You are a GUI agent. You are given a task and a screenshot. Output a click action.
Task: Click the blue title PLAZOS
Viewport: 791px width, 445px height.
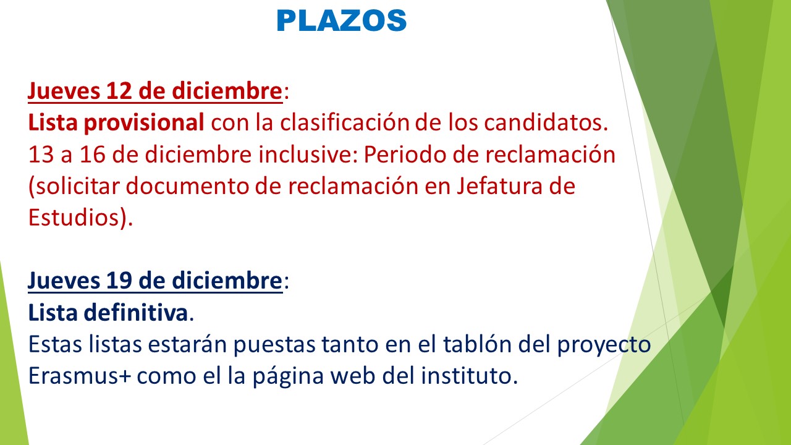click(342, 20)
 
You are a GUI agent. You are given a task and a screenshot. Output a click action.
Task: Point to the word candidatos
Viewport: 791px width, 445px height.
click(546, 122)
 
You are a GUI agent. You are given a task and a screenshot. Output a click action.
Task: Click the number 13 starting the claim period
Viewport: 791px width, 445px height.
click(41, 155)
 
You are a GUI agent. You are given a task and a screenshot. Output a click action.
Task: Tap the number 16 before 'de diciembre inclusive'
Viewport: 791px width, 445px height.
click(93, 155)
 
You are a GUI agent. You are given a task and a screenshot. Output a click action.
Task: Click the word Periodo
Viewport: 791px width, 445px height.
click(405, 155)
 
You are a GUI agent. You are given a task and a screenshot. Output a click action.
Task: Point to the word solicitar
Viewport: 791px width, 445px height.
click(78, 186)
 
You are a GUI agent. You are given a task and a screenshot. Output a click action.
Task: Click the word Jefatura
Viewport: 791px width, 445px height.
click(499, 186)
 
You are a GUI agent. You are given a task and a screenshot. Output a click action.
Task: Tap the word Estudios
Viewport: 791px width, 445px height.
click(74, 217)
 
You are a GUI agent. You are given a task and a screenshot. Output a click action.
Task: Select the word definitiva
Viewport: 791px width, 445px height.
click(135, 313)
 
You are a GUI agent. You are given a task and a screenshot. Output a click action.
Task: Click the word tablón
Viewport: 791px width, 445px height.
click(478, 344)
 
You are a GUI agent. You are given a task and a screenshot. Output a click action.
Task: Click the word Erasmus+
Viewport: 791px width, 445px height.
click(80, 375)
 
